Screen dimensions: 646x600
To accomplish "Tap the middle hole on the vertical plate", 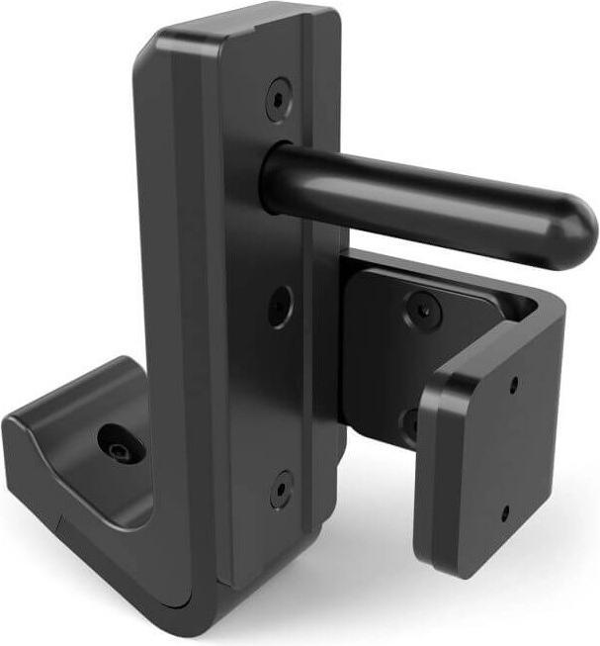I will [x=280, y=305].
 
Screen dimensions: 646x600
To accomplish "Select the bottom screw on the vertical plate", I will [x=282, y=489].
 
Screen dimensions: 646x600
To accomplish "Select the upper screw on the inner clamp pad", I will [x=423, y=310].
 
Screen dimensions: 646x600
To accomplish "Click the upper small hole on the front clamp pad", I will [x=515, y=384].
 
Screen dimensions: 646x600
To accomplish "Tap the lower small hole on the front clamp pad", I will [x=505, y=512].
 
